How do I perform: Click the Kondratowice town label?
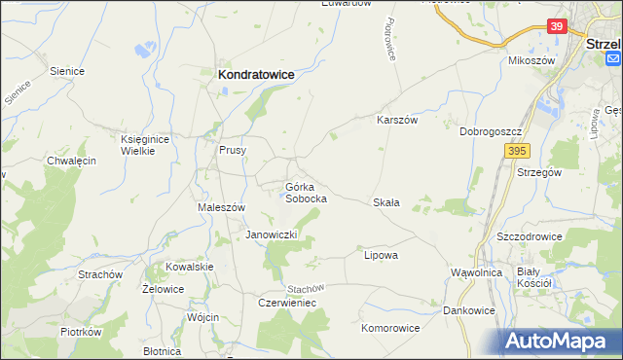click(256, 73)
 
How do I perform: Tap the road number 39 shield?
click(557, 27)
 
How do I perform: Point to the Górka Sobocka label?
click(305, 192)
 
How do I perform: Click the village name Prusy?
click(232, 151)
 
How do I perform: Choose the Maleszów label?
click(221, 207)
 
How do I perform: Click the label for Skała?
click(386, 202)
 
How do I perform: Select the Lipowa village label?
click(381, 255)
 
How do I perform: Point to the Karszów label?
click(397, 121)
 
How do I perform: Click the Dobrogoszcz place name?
click(492, 131)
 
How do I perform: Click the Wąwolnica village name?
click(476, 272)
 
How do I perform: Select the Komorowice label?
click(390, 328)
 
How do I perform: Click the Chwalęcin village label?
click(71, 161)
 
